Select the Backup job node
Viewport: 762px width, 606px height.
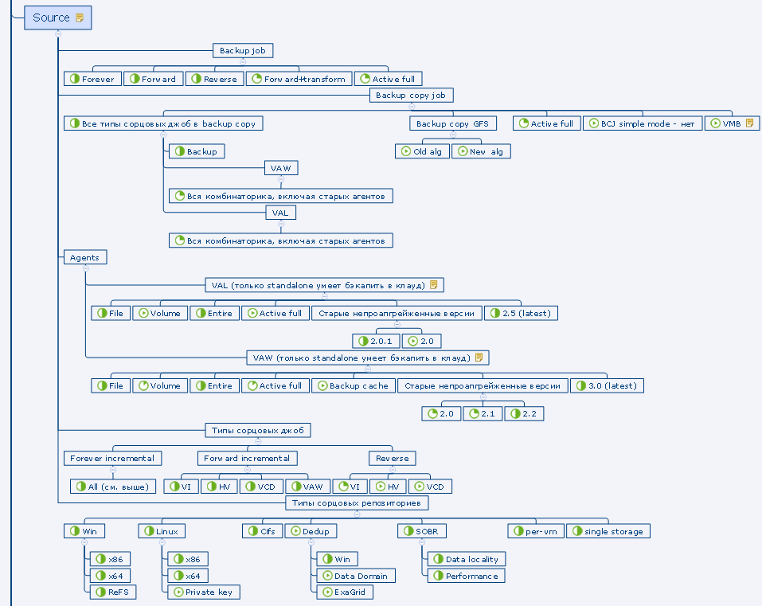pos(243,51)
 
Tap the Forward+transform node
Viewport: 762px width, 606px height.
pos(299,79)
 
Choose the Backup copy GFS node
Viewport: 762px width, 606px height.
pos(452,123)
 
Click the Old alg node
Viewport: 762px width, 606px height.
pos(422,151)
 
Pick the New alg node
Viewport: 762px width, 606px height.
pos(482,151)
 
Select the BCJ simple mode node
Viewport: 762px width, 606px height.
pos(642,123)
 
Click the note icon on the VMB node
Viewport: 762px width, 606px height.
pos(749,123)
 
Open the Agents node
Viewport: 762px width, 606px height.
pos(84,257)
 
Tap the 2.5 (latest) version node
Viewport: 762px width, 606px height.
pos(522,313)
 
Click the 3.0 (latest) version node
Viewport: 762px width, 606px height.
pos(608,385)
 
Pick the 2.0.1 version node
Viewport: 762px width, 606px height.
pos(376,341)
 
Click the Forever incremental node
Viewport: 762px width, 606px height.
pos(113,458)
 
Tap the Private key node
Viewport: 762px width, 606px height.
pos(203,592)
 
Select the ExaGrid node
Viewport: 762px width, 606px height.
pos(345,592)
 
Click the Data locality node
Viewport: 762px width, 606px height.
pos(466,559)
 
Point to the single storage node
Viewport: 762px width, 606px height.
pos(608,531)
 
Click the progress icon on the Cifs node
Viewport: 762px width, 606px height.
pos(254,531)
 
